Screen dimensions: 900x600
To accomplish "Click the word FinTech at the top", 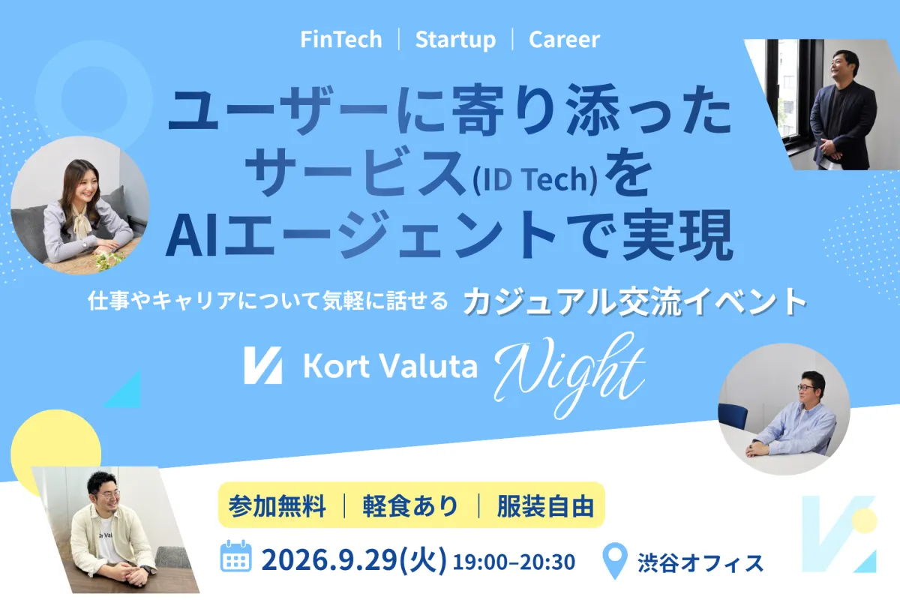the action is tap(341, 40).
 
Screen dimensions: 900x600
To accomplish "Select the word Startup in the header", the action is tap(456, 40).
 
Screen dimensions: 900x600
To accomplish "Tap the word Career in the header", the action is tap(564, 40).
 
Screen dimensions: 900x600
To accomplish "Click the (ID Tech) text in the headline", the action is tap(535, 179).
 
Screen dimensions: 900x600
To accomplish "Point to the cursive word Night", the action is tap(571, 374).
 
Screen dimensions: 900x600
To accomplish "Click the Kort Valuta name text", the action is tap(391, 366).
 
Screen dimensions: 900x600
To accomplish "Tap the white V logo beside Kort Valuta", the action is tap(262, 365).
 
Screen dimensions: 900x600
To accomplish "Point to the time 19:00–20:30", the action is tap(514, 562).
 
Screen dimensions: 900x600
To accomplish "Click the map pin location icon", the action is tap(615, 560).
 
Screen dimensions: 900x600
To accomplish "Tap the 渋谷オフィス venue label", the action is tap(700, 562).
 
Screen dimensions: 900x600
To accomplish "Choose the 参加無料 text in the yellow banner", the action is tap(277, 506).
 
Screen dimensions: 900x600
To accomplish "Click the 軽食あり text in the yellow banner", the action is tap(410, 506).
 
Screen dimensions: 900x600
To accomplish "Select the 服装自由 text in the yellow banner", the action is tap(545, 506).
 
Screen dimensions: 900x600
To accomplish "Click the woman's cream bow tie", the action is tap(83, 225).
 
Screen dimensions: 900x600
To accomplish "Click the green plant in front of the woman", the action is tap(108, 260).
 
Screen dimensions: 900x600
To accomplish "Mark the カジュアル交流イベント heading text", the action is tap(634, 301).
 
